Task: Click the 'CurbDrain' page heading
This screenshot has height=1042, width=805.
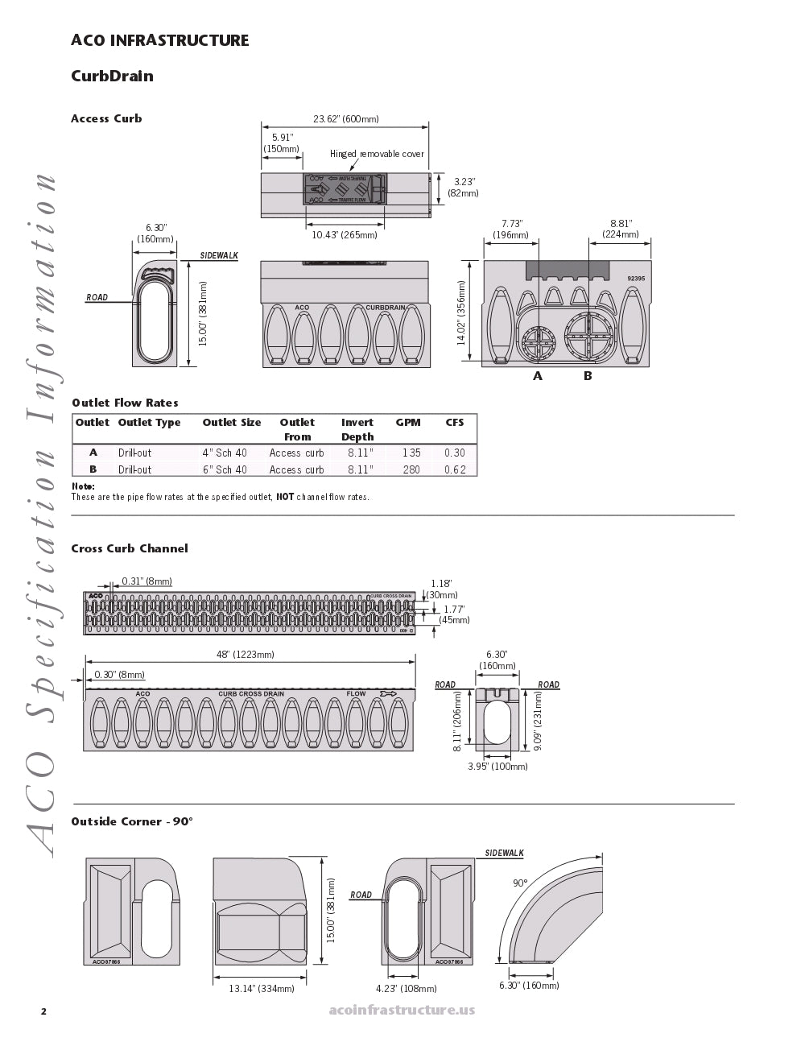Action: click(x=112, y=76)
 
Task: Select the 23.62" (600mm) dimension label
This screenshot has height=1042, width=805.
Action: click(x=345, y=119)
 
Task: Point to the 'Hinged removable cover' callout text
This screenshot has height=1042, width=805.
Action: click(x=377, y=154)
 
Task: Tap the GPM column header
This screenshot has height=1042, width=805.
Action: click(x=408, y=423)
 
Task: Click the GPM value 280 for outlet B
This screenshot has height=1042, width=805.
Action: click(x=411, y=469)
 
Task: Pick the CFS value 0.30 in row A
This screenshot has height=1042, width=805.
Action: click(x=455, y=453)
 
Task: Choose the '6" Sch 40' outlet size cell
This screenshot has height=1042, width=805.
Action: click(x=225, y=469)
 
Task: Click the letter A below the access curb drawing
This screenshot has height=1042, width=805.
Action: click(x=538, y=376)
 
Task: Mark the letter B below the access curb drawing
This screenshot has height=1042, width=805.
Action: click(x=588, y=376)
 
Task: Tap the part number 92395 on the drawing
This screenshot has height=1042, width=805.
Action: click(x=636, y=279)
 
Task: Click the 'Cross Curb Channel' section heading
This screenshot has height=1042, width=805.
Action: click(x=130, y=548)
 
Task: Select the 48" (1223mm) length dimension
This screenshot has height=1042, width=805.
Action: click(x=246, y=655)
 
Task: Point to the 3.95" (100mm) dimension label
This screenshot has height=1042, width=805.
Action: click(x=498, y=767)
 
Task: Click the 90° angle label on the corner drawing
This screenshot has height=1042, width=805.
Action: click(x=521, y=883)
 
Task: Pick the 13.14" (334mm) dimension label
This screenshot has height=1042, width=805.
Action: click(x=262, y=988)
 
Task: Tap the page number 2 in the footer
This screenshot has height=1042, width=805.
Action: click(x=44, y=1011)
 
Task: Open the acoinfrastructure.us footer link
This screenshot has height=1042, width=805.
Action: click(x=402, y=1010)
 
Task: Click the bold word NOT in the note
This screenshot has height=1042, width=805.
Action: click(x=285, y=497)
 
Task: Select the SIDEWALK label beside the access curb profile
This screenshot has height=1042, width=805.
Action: click(x=219, y=256)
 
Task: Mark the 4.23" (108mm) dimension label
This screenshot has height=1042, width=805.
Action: click(x=407, y=988)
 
